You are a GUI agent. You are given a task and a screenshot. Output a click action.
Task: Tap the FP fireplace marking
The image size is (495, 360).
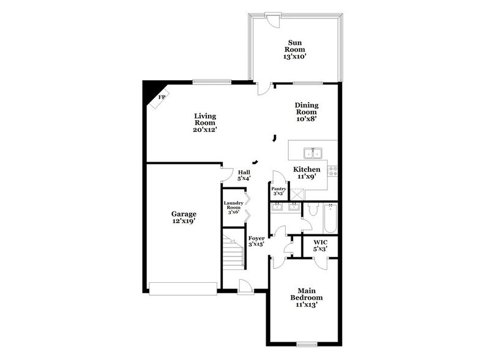tap(162, 97)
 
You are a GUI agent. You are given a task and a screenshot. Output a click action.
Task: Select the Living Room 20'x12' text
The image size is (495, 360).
tap(205, 122)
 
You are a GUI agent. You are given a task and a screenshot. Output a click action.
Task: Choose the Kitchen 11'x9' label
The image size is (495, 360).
tap(307, 173)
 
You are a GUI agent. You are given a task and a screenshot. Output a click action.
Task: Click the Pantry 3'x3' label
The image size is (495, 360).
tap(278, 191)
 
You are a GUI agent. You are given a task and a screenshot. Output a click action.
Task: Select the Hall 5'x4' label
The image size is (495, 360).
tap(244, 176)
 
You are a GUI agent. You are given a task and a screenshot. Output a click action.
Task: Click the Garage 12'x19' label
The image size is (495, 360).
tap(184, 218)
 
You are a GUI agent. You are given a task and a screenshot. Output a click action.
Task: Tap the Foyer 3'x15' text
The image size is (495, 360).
tap(256, 241)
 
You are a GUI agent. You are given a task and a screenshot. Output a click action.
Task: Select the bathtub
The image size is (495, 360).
tap(330, 219)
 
